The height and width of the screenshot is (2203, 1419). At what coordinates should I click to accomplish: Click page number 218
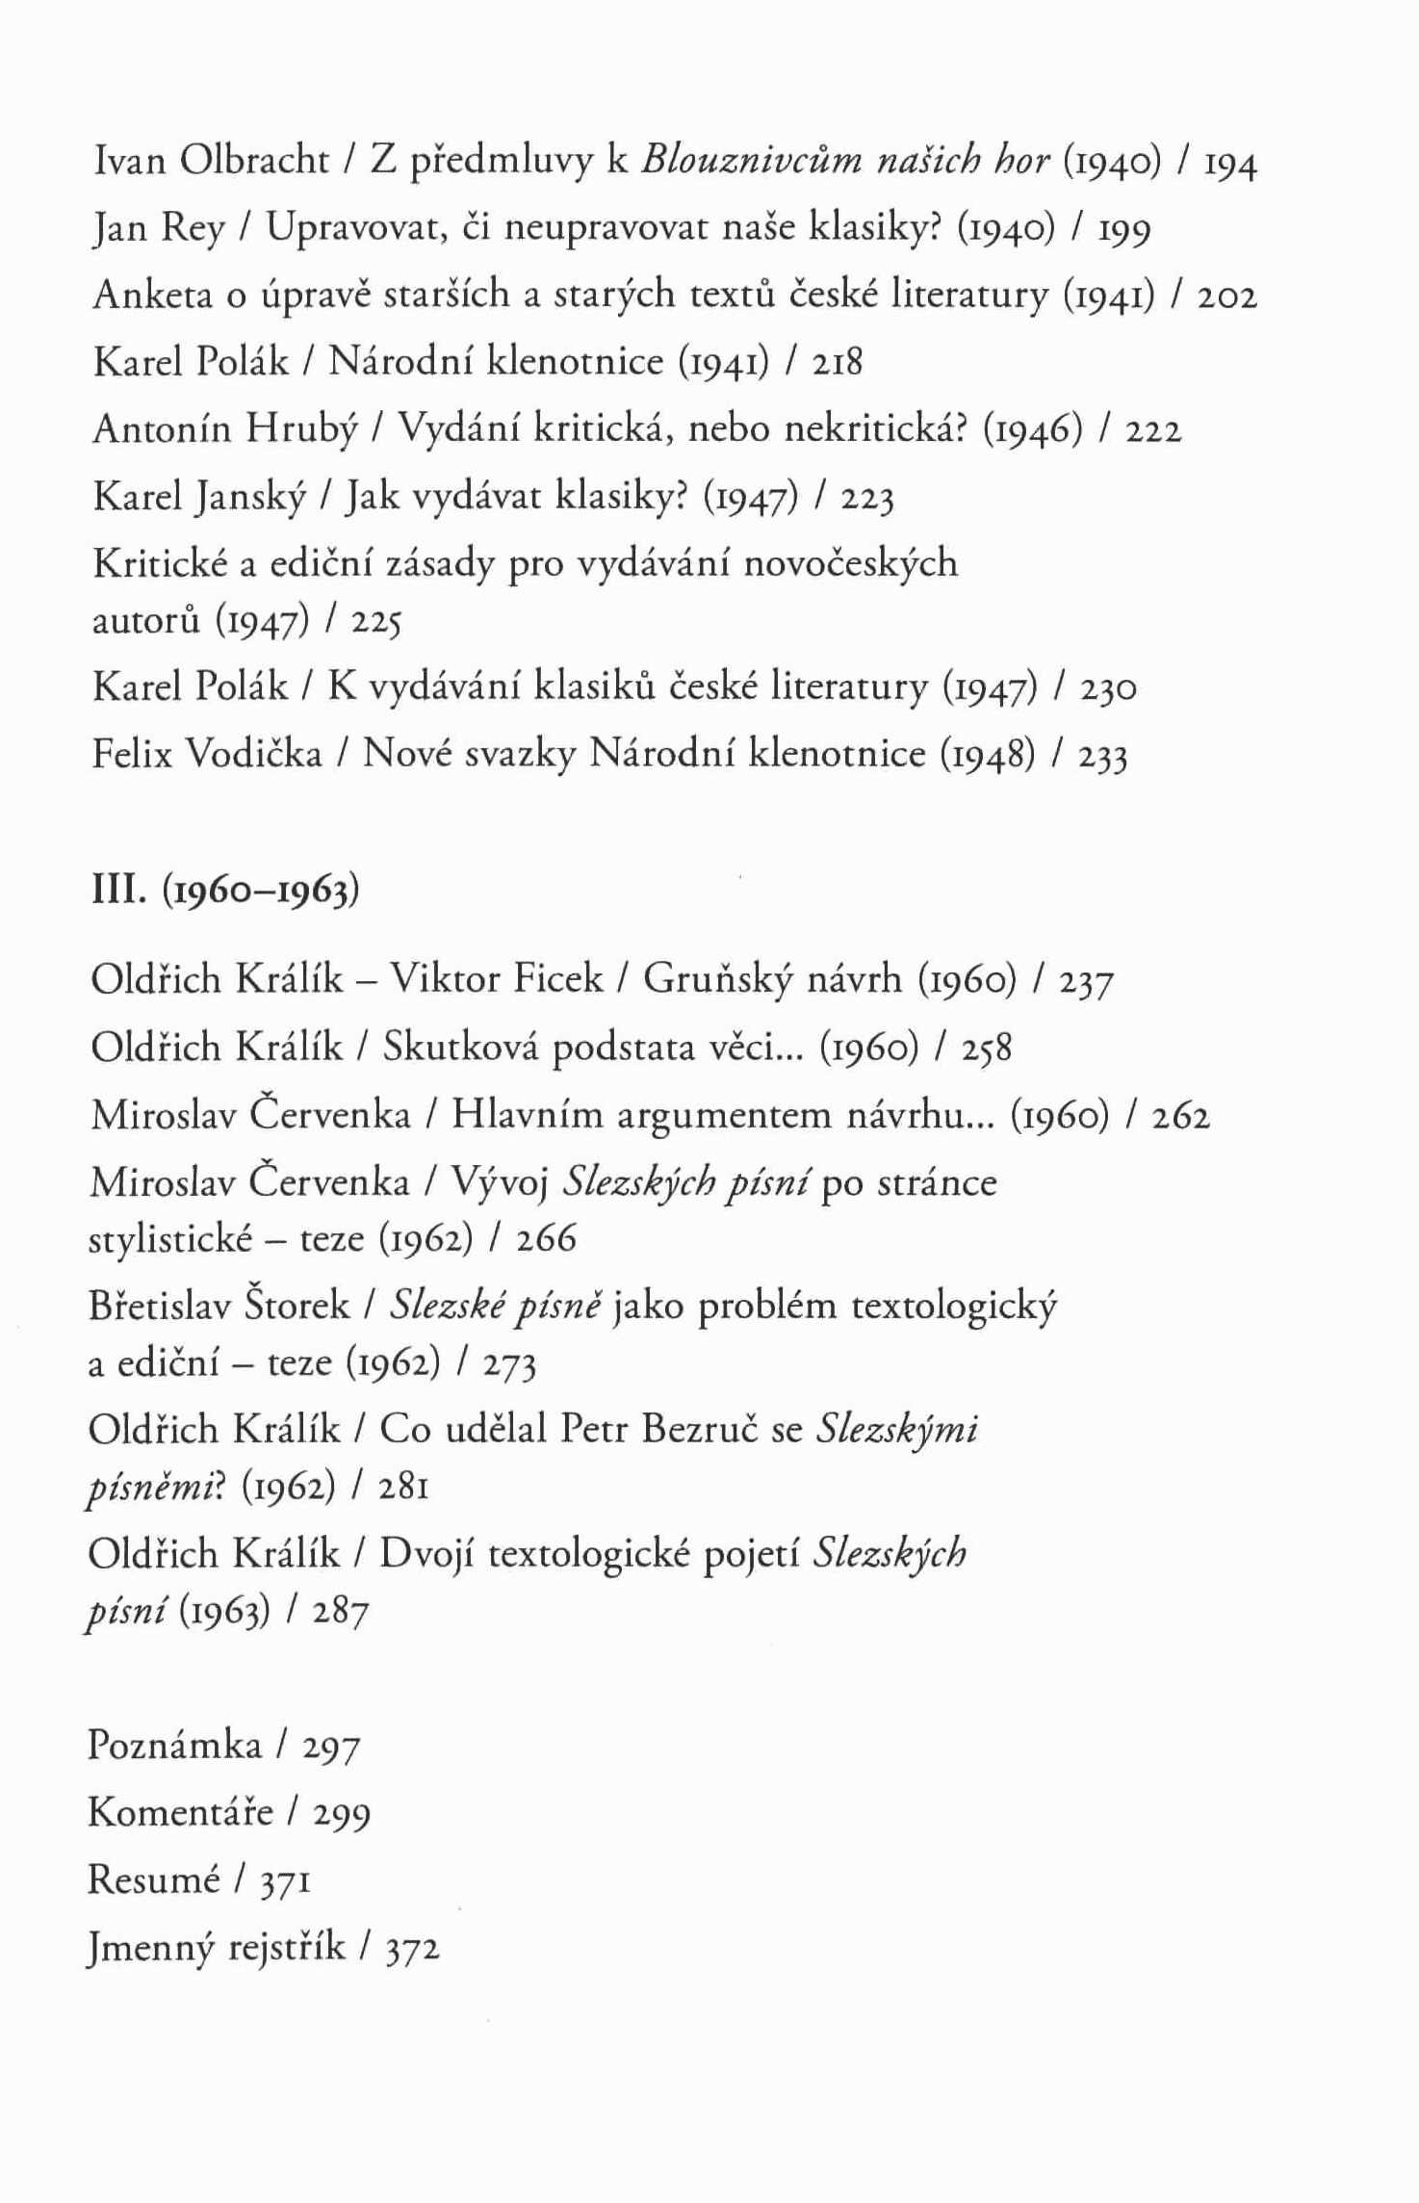click(837, 363)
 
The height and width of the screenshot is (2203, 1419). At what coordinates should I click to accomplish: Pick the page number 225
click(375, 623)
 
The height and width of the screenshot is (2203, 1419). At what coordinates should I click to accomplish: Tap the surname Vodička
click(252, 754)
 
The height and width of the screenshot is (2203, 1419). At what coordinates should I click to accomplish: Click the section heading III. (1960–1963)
click(224, 891)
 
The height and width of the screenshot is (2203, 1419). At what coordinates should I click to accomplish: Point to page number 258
click(987, 1048)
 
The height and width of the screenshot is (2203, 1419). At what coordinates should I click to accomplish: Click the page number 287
click(341, 1612)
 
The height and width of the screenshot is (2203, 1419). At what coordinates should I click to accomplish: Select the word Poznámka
click(174, 1745)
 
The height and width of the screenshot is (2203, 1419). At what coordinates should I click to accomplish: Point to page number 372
click(412, 1948)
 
